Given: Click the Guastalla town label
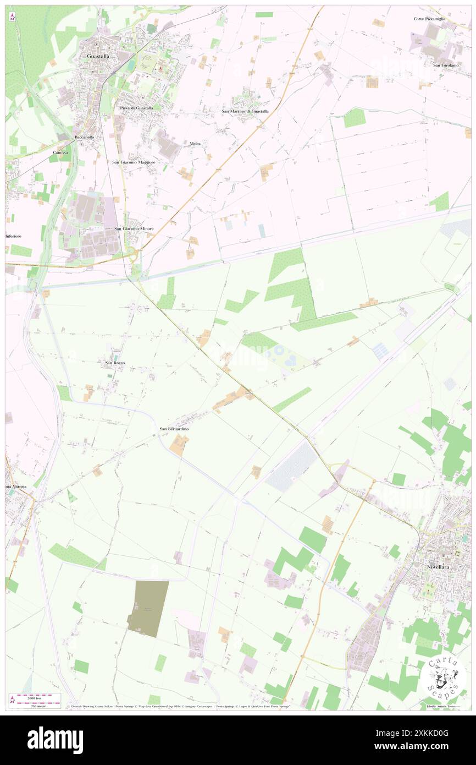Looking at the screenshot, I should pyautogui.click(x=98, y=56).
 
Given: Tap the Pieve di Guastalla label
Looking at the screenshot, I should pyautogui.click(x=137, y=108).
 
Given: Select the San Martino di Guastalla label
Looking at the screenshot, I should pyautogui.click(x=245, y=111).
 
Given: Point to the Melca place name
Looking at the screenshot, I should pyautogui.click(x=195, y=144).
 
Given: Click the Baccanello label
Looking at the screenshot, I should pyautogui.click(x=85, y=136).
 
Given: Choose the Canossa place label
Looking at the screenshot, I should pyautogui.click(x=60, y=152).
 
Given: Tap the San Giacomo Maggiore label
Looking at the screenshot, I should pyautogui.click(x=134, y=162).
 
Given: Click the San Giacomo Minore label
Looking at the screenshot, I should pyautogui.click(x=134, y=228).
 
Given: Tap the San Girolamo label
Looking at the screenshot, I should pyautogui.click(x=445, y=65).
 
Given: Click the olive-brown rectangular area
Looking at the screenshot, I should pyautogui.click(x=148, y=608).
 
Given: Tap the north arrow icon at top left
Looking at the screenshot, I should pyautogui.click(x=12, y=18).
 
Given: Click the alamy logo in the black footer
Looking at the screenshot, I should pyautogui.click(x=55, y=739).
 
